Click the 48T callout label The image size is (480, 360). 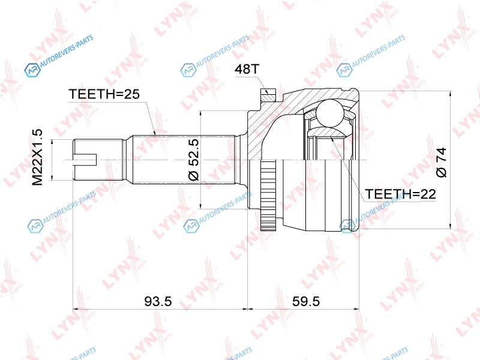pyautogui.click(x=247, y=69)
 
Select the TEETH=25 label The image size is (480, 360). pyautogui.click(x=104, y=94)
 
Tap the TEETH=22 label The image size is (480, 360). pyautogui.click(x=400, y=194)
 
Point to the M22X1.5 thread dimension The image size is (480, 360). pyautogui.click(x=38, y=157)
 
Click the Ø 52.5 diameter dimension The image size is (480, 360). pyautogui.click(x=194, y=160)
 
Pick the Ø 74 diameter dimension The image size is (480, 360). pyautogui.click(x=442, y=162)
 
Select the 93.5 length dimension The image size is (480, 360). pyautogui.click(x=158, y=302)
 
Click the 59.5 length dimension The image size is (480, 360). pyautogui.click(x=306, y=302)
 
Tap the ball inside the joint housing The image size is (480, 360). pyautogui.click(x=329, y=112)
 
